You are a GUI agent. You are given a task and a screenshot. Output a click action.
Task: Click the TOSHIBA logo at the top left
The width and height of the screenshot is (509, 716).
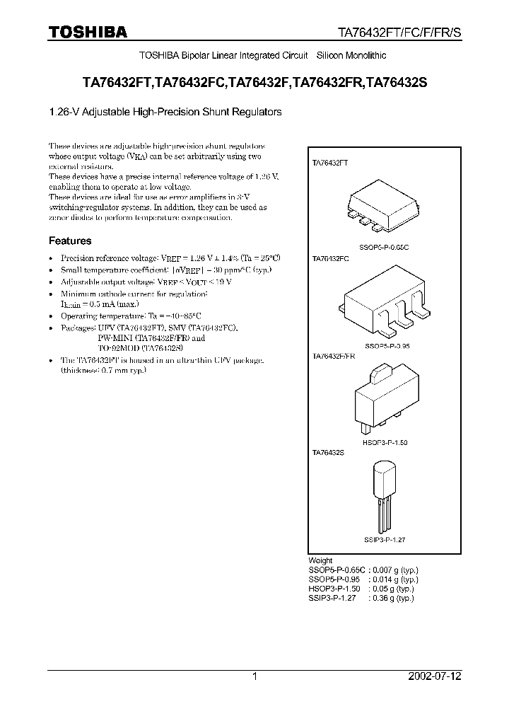coord(88,32)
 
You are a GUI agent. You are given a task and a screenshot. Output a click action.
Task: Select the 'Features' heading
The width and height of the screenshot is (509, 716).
coord(70,241)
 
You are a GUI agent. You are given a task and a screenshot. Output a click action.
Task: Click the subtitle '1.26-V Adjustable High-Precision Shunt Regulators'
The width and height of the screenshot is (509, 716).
coord(165,112)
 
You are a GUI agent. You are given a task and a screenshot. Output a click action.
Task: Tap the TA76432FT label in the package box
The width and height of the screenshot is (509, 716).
coord(330,162)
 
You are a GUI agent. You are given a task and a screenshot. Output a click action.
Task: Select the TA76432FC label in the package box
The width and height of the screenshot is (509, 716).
coord(331,259)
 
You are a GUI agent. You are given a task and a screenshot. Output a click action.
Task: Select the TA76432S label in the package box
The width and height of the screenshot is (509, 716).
coord(328,451)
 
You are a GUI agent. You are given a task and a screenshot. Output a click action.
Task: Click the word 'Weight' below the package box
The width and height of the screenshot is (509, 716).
coord(321,560)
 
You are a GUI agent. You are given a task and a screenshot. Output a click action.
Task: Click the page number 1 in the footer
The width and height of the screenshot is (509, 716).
coord(255,676)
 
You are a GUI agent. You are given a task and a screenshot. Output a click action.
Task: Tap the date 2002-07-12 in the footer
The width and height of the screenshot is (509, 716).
coord(435,676)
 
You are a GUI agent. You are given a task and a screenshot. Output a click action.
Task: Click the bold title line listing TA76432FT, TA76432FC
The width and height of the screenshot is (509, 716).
coord(255,83)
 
